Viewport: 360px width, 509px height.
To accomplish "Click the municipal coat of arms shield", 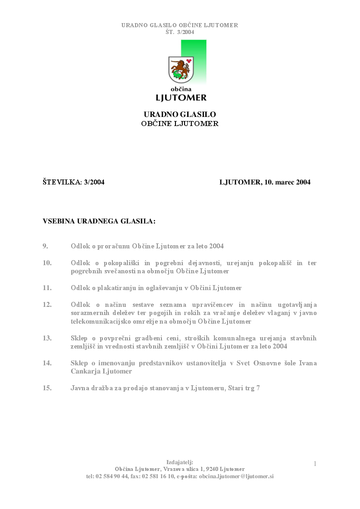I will (181, 69).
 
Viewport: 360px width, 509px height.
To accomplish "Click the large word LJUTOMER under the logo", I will (181, 97).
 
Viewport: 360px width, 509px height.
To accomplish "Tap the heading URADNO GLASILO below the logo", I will (180, 115).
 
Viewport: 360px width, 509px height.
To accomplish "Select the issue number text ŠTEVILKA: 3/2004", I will (73, 182).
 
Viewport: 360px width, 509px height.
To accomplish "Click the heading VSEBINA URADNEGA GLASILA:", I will (99, 221).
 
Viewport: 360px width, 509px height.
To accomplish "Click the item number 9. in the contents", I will (45, 246).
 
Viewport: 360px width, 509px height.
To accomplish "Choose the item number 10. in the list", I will (47, 263).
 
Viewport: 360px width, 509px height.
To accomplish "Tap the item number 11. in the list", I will (47, 288).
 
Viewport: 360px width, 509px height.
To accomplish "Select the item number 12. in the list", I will (47, 305).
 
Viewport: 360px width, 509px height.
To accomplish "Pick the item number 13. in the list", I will (47, 338).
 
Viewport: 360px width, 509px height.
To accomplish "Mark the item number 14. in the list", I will (47, 363).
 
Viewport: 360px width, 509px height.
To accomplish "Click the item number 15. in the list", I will (47, 388).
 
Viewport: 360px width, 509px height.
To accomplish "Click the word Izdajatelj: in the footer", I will (180, 462).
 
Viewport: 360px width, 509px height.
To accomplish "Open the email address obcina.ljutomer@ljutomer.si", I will (236, 476).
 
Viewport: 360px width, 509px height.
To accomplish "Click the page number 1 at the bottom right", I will (315, 463).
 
